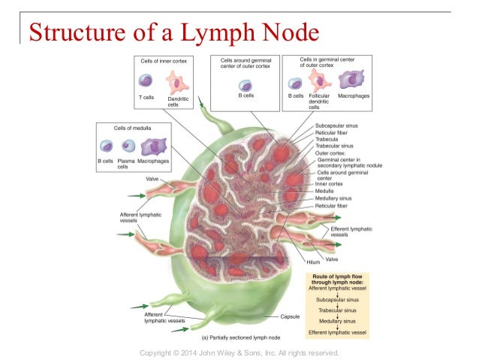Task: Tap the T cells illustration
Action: (x=146, y=80)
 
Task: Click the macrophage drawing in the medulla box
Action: (x=153, y=146)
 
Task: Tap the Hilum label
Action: (x=303, y=262)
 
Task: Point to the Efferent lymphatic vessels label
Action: (x=350, y=231)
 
